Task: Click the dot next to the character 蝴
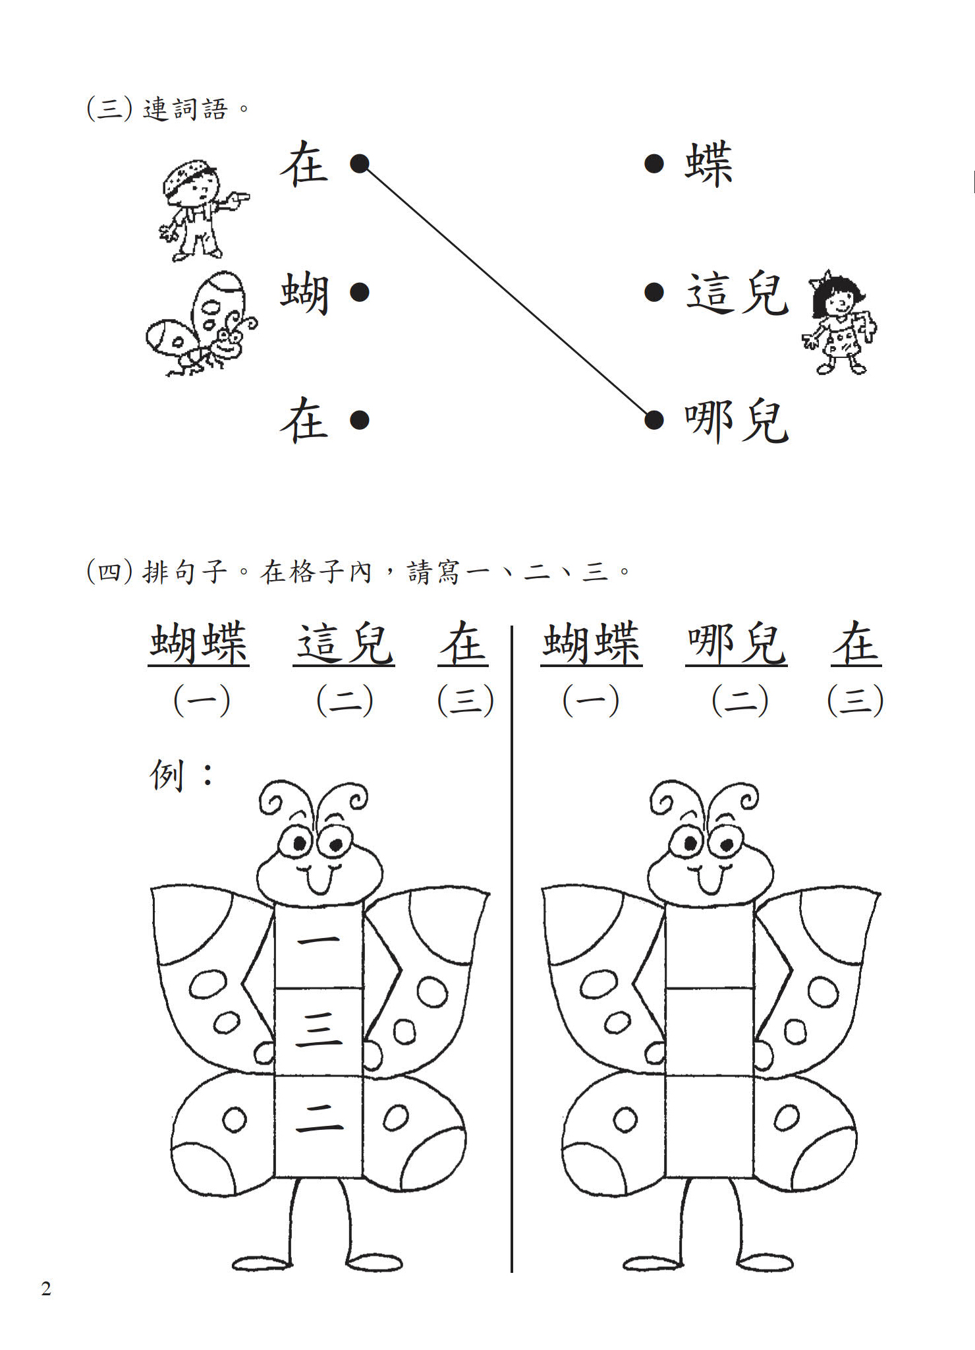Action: tap(359, 291)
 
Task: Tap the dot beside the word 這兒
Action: tap(654, 291)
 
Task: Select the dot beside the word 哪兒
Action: tap(654, 419)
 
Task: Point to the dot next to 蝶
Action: tap(654, 163)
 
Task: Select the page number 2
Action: tap(46, 1289)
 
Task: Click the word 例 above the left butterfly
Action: tap(166, 775)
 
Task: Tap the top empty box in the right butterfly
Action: tap(710, 946)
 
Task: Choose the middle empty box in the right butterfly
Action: tap(710, 1032)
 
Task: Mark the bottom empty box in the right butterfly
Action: tap(710, 1127)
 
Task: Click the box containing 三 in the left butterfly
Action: tap(319, 1032)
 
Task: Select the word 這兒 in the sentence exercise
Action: tap(344, 643)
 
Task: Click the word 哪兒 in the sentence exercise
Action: tap(736, 643)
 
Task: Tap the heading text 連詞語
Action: tap(185, 109)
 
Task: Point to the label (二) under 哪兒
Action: tap(740, 700)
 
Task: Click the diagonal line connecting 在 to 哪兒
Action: tap(507, 291)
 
